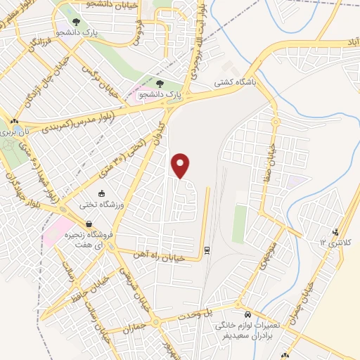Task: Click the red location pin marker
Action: [181, 165]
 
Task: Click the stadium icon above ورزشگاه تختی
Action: [102, 193]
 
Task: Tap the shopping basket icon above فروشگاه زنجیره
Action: [88, 224]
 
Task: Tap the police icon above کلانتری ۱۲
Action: [337, 231]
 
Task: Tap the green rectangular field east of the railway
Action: [240, 224]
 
